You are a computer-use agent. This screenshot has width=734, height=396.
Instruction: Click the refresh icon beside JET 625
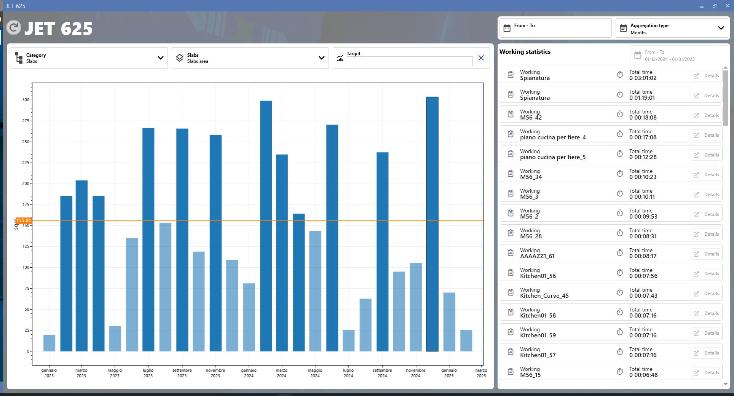tap(14, 27)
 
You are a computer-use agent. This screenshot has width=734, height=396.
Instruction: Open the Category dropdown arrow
tap(161, 58)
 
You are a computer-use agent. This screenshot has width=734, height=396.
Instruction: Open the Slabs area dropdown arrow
tap(322, 58)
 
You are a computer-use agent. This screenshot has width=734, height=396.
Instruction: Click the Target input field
tap(410, 61)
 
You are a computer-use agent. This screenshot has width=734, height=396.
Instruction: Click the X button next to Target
tap(481, 58)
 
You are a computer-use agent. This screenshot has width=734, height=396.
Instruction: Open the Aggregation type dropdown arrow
tap(721, 28)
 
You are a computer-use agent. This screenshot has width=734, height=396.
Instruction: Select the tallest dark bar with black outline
tap(432, 224)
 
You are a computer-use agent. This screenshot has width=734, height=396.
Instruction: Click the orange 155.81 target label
tap(23, 220)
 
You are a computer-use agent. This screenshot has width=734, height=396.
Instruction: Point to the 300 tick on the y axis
tap(26, 100)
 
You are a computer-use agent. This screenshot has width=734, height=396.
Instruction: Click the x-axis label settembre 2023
tap(182, 373)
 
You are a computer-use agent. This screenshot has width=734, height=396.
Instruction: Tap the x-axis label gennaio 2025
tap(449, 373)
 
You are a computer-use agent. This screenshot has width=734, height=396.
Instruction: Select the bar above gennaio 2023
tap(49, 343)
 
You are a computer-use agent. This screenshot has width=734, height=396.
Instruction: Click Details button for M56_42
tap(706, 115)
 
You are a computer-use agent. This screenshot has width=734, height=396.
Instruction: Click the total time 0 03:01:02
tap(643, 78)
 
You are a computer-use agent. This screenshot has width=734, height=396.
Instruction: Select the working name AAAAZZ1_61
tap(537, 256)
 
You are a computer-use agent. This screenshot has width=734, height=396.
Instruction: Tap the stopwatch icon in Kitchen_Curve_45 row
tap(620, 292)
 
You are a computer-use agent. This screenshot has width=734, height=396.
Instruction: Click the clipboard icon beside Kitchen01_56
tap(511, 273)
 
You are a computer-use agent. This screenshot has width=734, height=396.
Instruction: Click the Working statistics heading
tap(525, 52)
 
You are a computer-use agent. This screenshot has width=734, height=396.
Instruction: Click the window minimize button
tap(702, 6)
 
